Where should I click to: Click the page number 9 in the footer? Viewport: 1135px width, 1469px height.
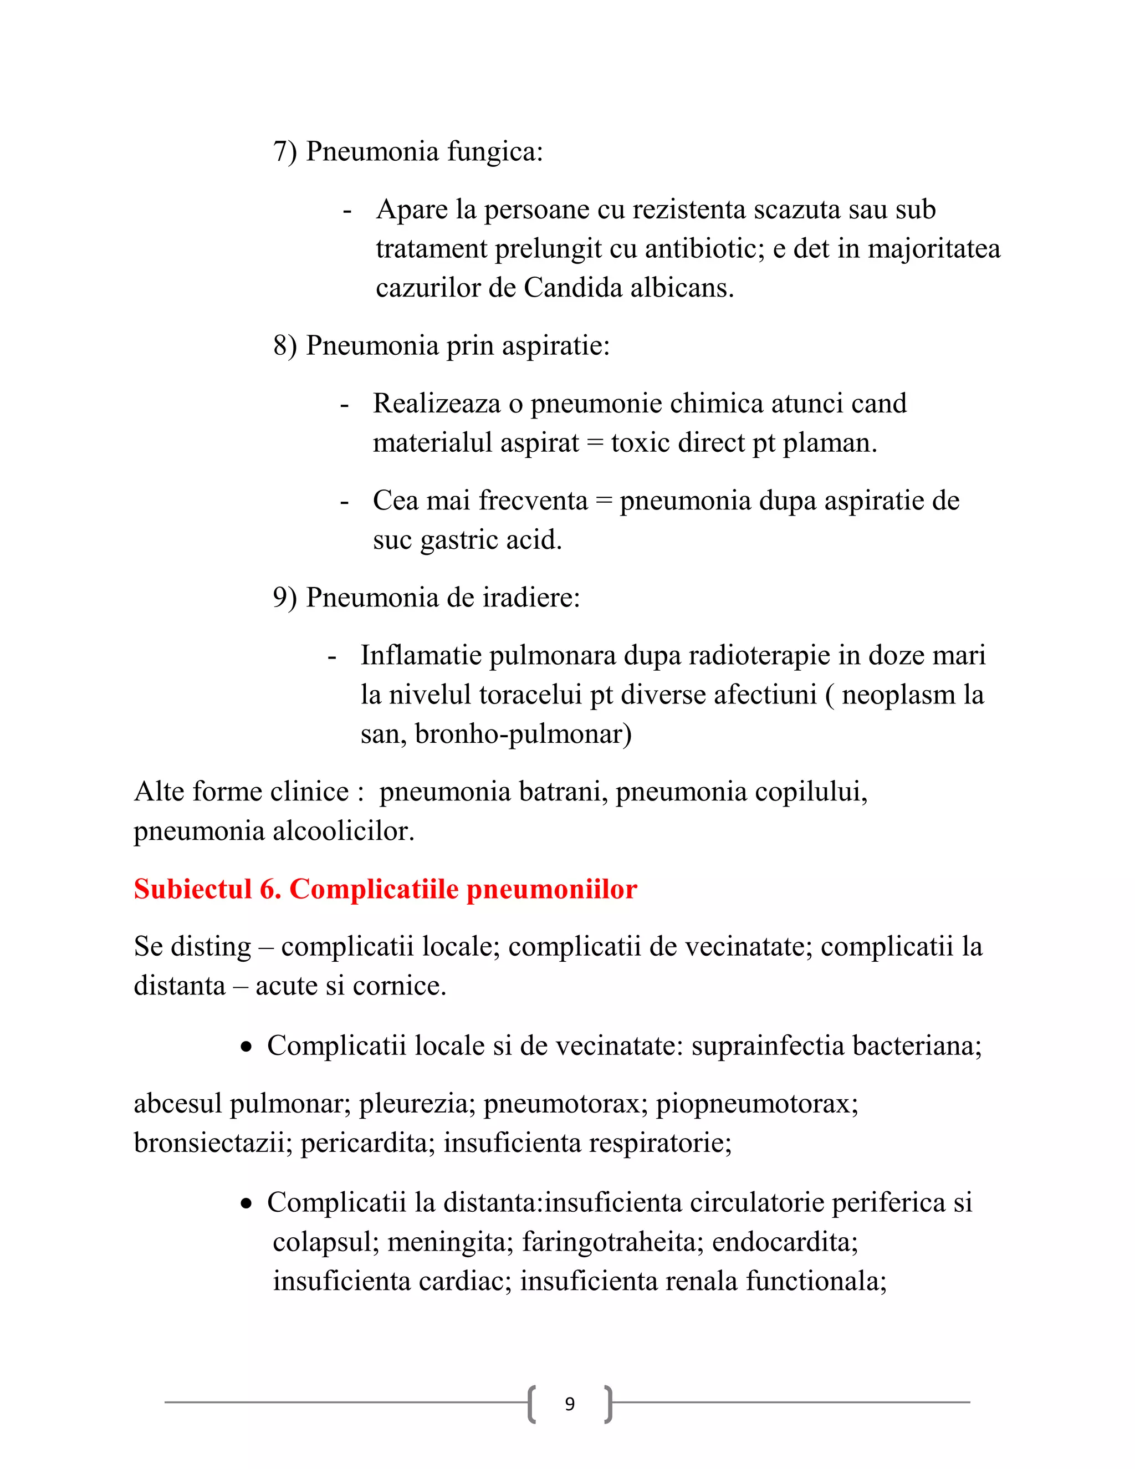(570, 1404)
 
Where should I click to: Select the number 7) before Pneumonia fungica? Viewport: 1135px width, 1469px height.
(284, 152)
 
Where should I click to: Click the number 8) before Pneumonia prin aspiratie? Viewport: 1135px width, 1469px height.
(284, 346)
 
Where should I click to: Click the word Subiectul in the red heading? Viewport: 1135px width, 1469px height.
(192, 889)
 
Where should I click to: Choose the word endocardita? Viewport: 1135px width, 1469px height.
(784, 1242)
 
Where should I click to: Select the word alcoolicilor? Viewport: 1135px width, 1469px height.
(343, 832)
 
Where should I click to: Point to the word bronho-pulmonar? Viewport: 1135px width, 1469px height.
(523, 734)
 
